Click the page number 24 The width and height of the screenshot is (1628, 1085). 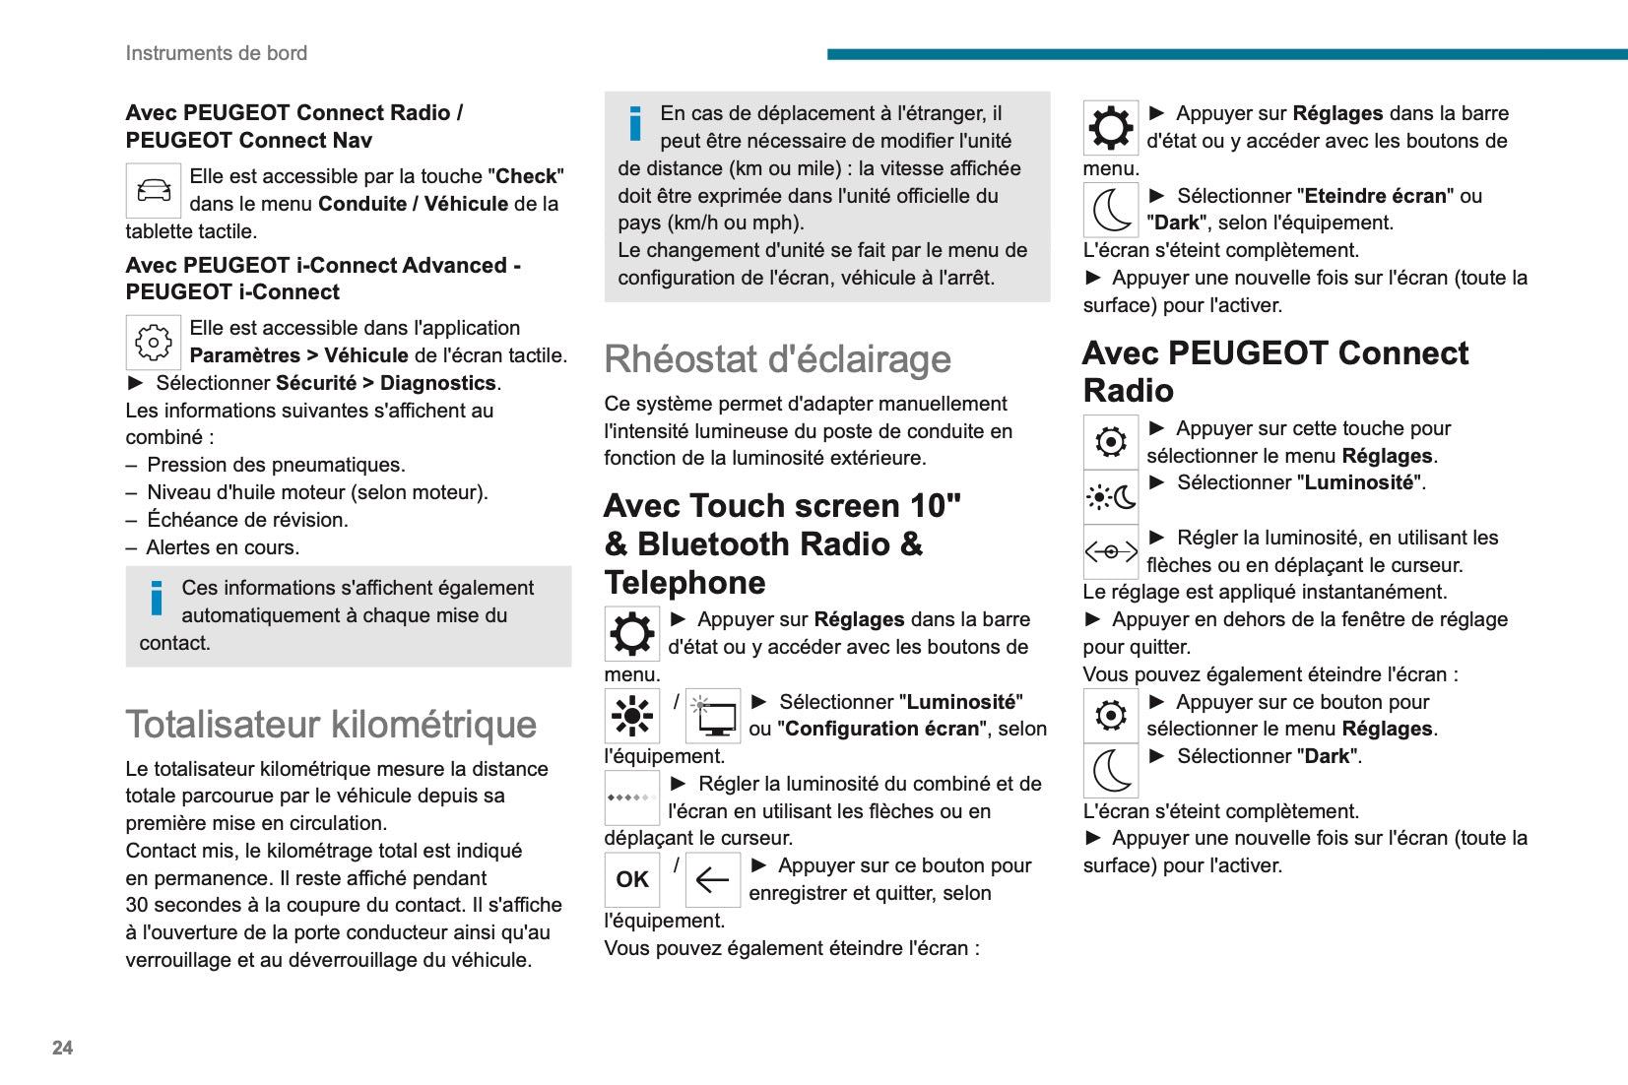62,1048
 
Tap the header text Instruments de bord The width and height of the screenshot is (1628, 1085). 216,53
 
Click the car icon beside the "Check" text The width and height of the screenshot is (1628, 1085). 154,190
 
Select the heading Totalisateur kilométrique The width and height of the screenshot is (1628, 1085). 331,725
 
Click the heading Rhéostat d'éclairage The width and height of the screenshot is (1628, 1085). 777,359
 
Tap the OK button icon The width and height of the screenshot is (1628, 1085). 631,879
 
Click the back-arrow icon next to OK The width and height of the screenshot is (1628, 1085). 712,879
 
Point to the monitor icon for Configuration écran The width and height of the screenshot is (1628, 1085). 713,716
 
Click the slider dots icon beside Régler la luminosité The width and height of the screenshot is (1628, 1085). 631,798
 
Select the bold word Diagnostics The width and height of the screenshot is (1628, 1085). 437,383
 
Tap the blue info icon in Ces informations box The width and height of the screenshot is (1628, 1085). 157,599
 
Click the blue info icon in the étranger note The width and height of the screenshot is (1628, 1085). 635,124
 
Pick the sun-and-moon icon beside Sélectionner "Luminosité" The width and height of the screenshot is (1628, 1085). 1111,496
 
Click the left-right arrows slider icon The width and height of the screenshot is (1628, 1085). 1111,551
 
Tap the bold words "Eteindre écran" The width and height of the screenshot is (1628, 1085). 1375,196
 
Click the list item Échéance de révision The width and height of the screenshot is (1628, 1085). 247,520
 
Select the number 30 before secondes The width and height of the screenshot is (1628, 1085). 137,905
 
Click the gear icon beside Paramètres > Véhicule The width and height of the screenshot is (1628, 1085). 154,342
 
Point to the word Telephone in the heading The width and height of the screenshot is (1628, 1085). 685,583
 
